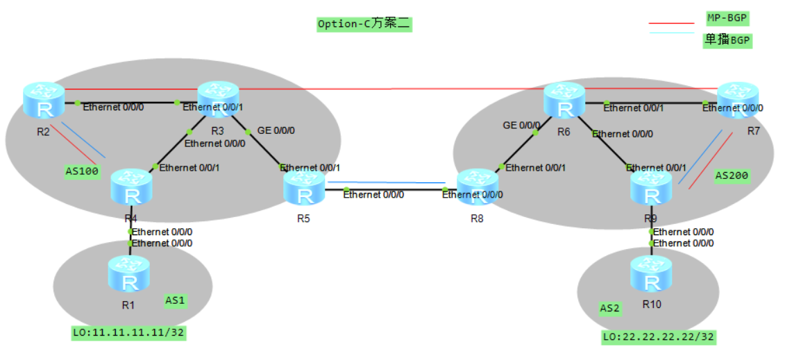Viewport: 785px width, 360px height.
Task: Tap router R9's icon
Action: tap(651, 187)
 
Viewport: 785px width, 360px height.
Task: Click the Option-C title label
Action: tap(364, 24)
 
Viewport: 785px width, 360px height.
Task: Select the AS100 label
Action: tap(82, 171)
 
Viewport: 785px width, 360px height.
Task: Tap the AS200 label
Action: tap(732, 176)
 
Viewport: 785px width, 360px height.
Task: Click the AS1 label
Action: tap(175, 300)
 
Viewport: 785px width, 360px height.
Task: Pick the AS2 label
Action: tap(609, 307)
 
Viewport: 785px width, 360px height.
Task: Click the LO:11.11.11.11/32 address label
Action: tap(129, 333)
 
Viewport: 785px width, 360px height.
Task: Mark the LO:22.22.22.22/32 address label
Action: tap(659, 338)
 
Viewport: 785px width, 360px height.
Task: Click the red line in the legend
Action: tap(671, 23)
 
